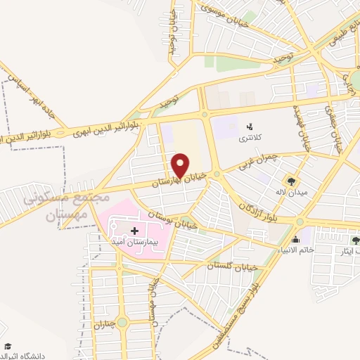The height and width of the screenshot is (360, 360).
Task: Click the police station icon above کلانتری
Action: tap(248, 127)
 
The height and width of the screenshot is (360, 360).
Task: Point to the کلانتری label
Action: tap(249, 138)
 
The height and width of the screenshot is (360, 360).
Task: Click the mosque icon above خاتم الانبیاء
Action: tap(303, 239)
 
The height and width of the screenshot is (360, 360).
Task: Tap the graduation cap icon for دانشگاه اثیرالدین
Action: tap(8, 347)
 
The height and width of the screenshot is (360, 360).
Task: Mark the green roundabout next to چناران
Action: tap(122, 323)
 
